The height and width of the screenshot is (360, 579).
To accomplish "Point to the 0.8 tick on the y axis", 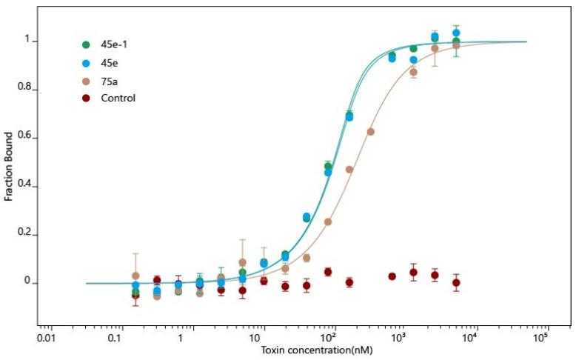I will [x=27, y=89].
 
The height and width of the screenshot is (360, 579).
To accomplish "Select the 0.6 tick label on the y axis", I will [x=27, y=138].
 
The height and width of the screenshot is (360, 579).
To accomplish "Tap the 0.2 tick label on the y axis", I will [x=27, y=234].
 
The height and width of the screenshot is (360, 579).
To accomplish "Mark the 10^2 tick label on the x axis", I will [x=334, y=336].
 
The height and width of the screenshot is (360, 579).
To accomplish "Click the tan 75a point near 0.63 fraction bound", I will [x=371, y=132].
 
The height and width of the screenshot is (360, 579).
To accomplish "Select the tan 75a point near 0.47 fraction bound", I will [x=349, y=170].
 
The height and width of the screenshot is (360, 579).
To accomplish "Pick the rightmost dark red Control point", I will [x=456, y=283].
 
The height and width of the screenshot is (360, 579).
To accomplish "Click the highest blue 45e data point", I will [x=456, y=33].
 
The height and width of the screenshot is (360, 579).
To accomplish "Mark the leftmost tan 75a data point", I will [x=135, y=276].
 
